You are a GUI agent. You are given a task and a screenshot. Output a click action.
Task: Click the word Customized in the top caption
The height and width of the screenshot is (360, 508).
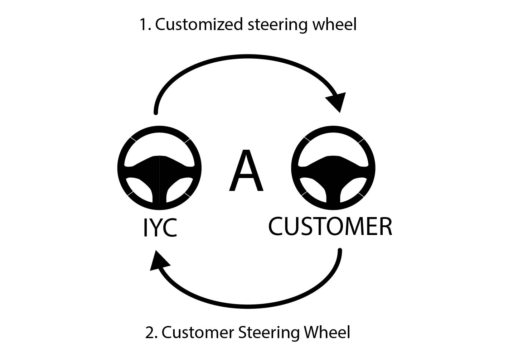pyautogui.click(x=199, y=24)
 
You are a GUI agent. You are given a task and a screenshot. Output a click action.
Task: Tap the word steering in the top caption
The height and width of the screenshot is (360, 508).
pyautogui.click(x=277, y=25)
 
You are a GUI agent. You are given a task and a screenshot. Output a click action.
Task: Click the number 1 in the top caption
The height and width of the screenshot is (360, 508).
pyautogui.click(x=145, y=24)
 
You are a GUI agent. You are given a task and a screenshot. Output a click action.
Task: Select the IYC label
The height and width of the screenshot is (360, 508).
pyautogui.click(x=160, y=228)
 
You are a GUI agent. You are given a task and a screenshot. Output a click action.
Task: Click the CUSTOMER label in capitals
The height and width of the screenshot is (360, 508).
pyautogui.click(x=330, y=226)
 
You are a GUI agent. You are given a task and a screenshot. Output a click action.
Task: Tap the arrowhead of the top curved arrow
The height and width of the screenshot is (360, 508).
pyautogui.click(x=337, y=101)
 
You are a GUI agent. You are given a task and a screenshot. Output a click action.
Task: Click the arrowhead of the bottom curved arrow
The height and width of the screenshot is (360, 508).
pyautogui.click(x=159, y=261)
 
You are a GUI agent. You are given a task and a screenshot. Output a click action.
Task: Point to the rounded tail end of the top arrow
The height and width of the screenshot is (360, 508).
pyautogui.click(x=156, y=112)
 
